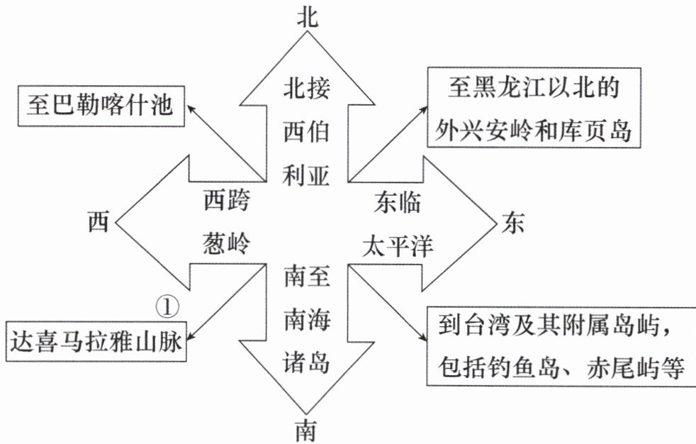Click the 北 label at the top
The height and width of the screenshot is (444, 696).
[x=307, y=18]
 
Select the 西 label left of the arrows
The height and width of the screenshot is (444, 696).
[x=98, y=221]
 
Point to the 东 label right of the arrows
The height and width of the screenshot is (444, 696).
[x=513, y=222]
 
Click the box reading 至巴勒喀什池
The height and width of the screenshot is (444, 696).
[x=101, y=106]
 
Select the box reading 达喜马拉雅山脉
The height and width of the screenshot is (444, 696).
[x=96, y=341]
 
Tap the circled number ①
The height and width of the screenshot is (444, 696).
[x=168, y=307]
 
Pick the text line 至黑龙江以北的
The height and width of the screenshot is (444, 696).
[x=533, y=87]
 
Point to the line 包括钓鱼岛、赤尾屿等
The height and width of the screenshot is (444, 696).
[x=561, y=367]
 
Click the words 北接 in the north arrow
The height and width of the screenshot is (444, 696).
[x=307, y=87]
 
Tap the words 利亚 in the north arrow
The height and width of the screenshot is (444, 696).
[x=306, y=174]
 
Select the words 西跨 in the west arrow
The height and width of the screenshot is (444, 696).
[x=227, y=200]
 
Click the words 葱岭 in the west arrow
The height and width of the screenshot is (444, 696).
[x=227, y=243]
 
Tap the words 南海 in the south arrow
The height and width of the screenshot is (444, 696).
[x=307, y=320]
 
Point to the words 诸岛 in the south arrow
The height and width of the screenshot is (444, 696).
[x=307, y=362]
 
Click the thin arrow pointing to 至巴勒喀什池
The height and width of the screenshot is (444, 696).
[x=226, y=143]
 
